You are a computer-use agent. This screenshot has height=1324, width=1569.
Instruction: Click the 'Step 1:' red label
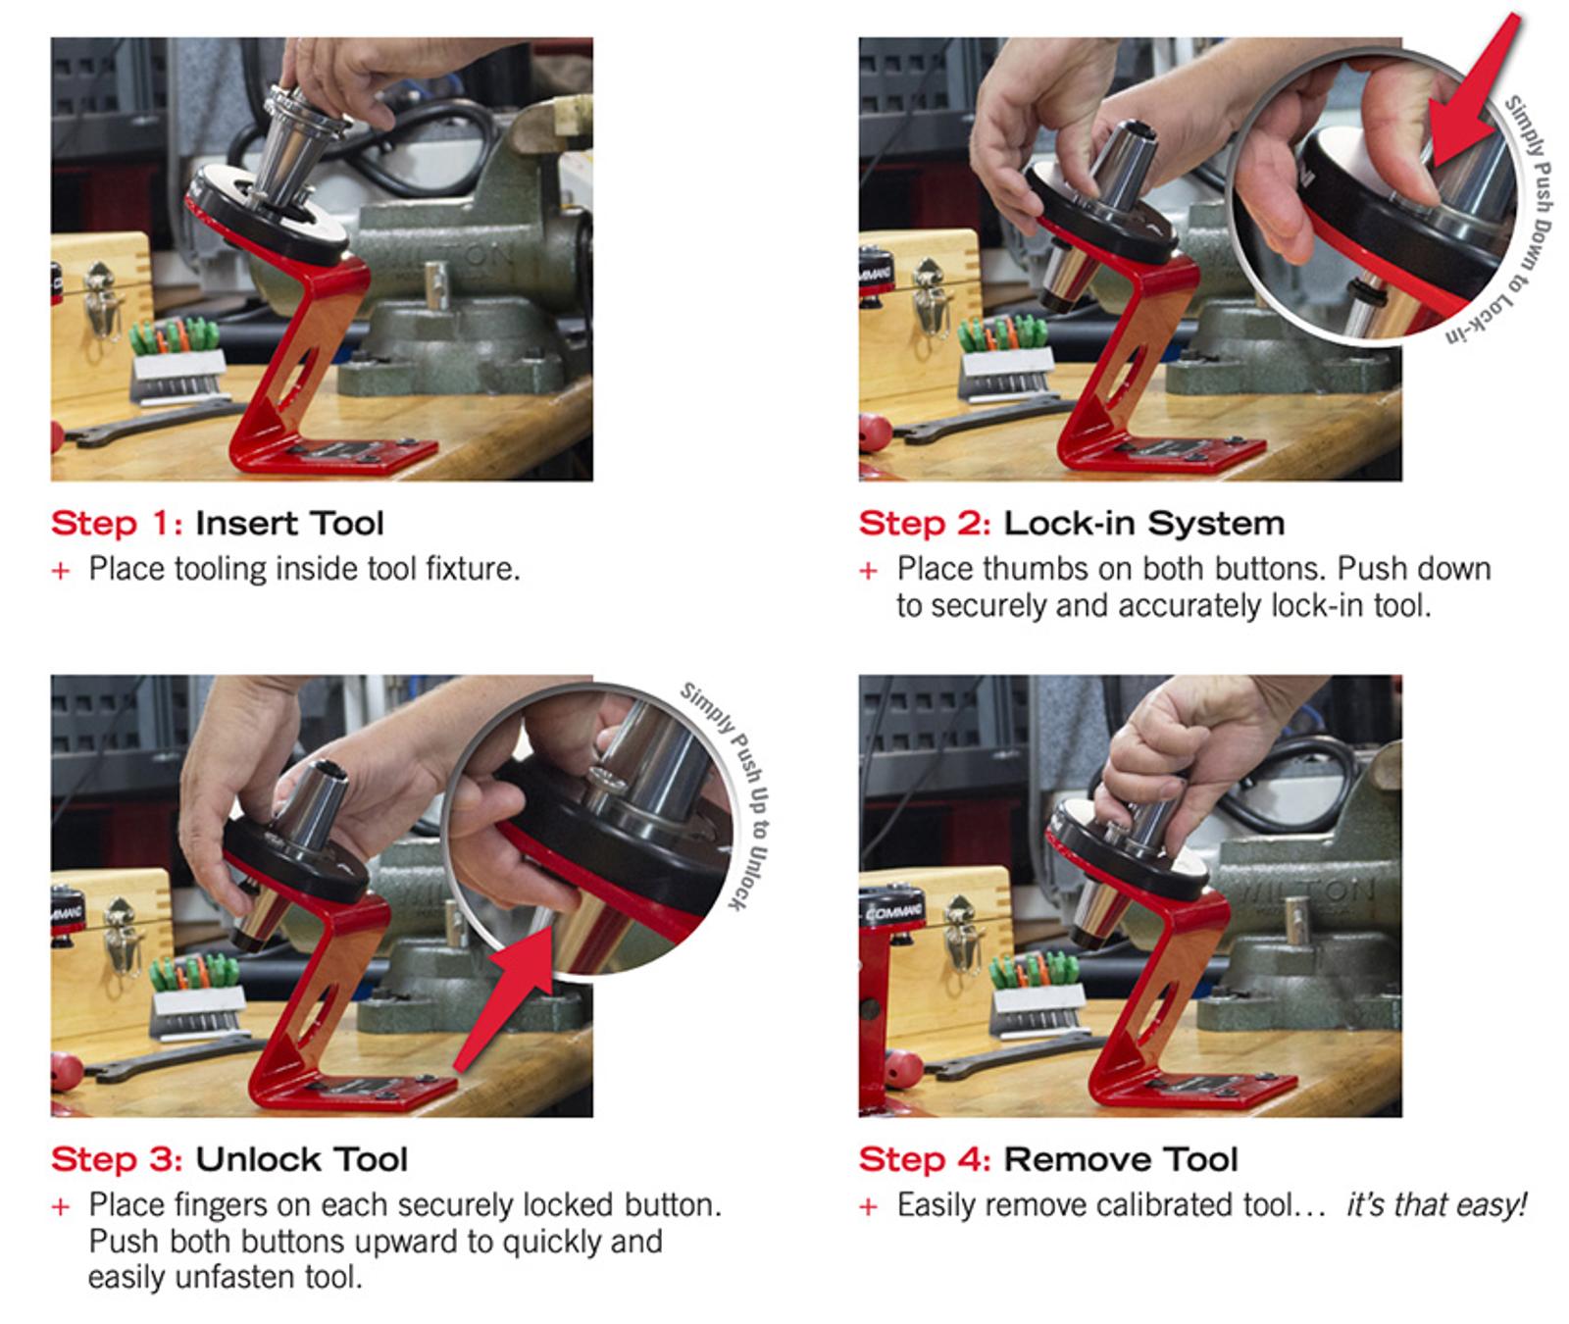point(116,523)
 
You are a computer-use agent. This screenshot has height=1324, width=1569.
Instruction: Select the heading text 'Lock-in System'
point(1143,523)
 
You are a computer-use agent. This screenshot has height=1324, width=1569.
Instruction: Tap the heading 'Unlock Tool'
point(301,1159)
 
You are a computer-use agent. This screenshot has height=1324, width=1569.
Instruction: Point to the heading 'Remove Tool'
point(1120,1159)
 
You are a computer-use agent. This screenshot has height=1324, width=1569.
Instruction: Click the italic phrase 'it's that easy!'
point(1436,1205)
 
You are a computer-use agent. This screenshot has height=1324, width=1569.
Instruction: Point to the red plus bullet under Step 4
point(868,1206)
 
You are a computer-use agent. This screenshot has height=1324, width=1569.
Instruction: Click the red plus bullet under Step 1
point(61,570)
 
